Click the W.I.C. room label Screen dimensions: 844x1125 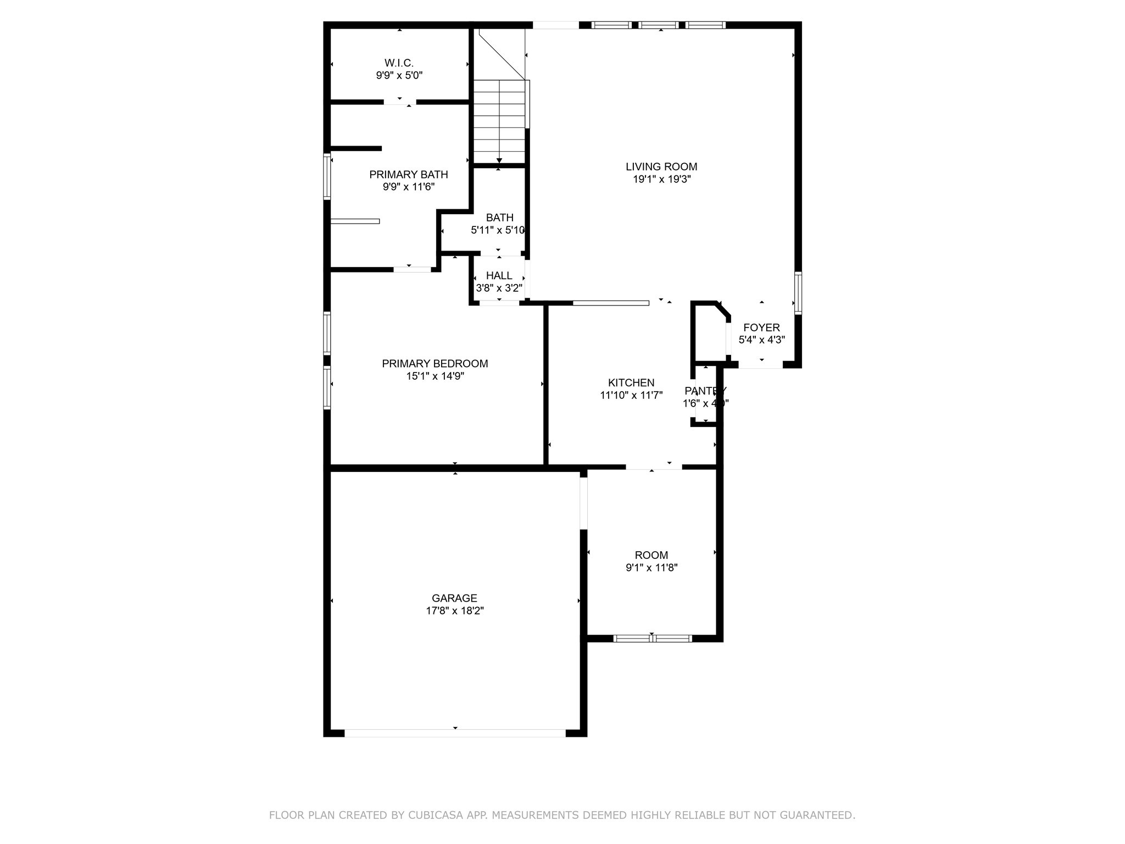coord(399,63)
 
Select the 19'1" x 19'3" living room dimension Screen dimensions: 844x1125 coord(661,179)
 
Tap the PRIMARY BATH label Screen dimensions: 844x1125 coord(408,175)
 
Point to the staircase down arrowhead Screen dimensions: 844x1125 coord(499,160)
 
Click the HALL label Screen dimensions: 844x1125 coord(499,276)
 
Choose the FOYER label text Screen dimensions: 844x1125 coord(761,328)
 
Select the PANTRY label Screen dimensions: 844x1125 coord(705,391)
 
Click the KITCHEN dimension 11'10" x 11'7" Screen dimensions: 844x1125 coord(631,395)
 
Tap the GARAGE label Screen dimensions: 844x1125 coord(454,598)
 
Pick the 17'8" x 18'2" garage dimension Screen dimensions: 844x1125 coord(454,611)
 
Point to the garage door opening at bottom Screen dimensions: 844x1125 coord(455,733)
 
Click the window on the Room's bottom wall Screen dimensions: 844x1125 coord(652,638)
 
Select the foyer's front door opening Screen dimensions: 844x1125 coord(760,365)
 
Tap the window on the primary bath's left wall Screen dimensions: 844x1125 coord(327,176)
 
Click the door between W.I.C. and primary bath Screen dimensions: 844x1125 coord(400,102)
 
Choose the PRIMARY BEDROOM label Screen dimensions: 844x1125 coord(435,364)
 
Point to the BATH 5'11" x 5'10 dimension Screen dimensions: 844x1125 coord(498,231)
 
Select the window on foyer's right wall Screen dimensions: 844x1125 coord(798,293)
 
